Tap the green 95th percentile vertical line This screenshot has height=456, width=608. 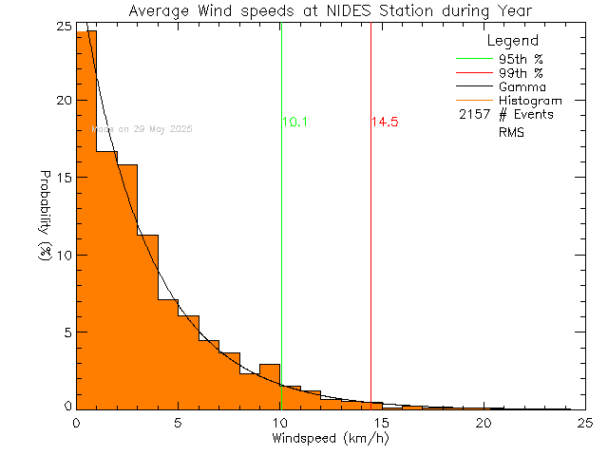[x=281, y=237]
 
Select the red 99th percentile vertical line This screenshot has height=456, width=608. [x=370, y=237]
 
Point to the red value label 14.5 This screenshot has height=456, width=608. [x=385, y=123]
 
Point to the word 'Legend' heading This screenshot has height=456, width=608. [x=512, y=42]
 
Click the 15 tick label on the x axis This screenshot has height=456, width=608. [x=381, y=423]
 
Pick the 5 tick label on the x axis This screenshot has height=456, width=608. [x=178, y=423]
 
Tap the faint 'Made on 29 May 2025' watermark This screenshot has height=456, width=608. [x=142, y=128]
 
